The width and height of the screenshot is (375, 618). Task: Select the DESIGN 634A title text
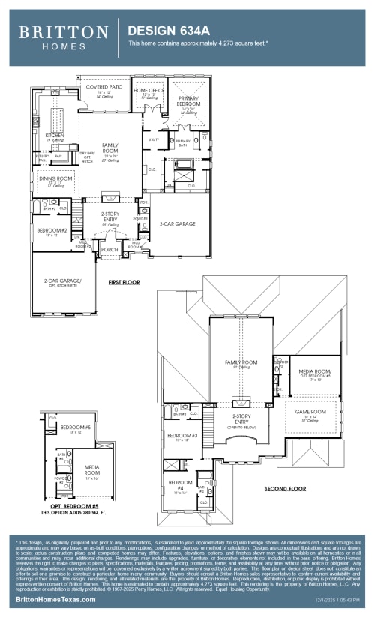(x=169, y=31)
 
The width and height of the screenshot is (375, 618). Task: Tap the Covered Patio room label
(x=103, y=87)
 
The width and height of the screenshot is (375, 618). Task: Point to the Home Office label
(x=148, y=91)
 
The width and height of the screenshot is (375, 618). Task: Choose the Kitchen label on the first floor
(x=54, y=136)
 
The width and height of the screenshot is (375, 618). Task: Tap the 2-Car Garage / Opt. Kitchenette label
(x=64, y=281)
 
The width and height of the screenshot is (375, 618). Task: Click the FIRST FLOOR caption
(x=124, y=283)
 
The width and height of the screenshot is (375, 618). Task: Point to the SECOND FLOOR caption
(x=285, y=489)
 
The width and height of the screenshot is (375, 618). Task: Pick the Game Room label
(x=310, y=412)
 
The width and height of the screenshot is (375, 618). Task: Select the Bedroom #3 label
(x=182, y=436)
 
